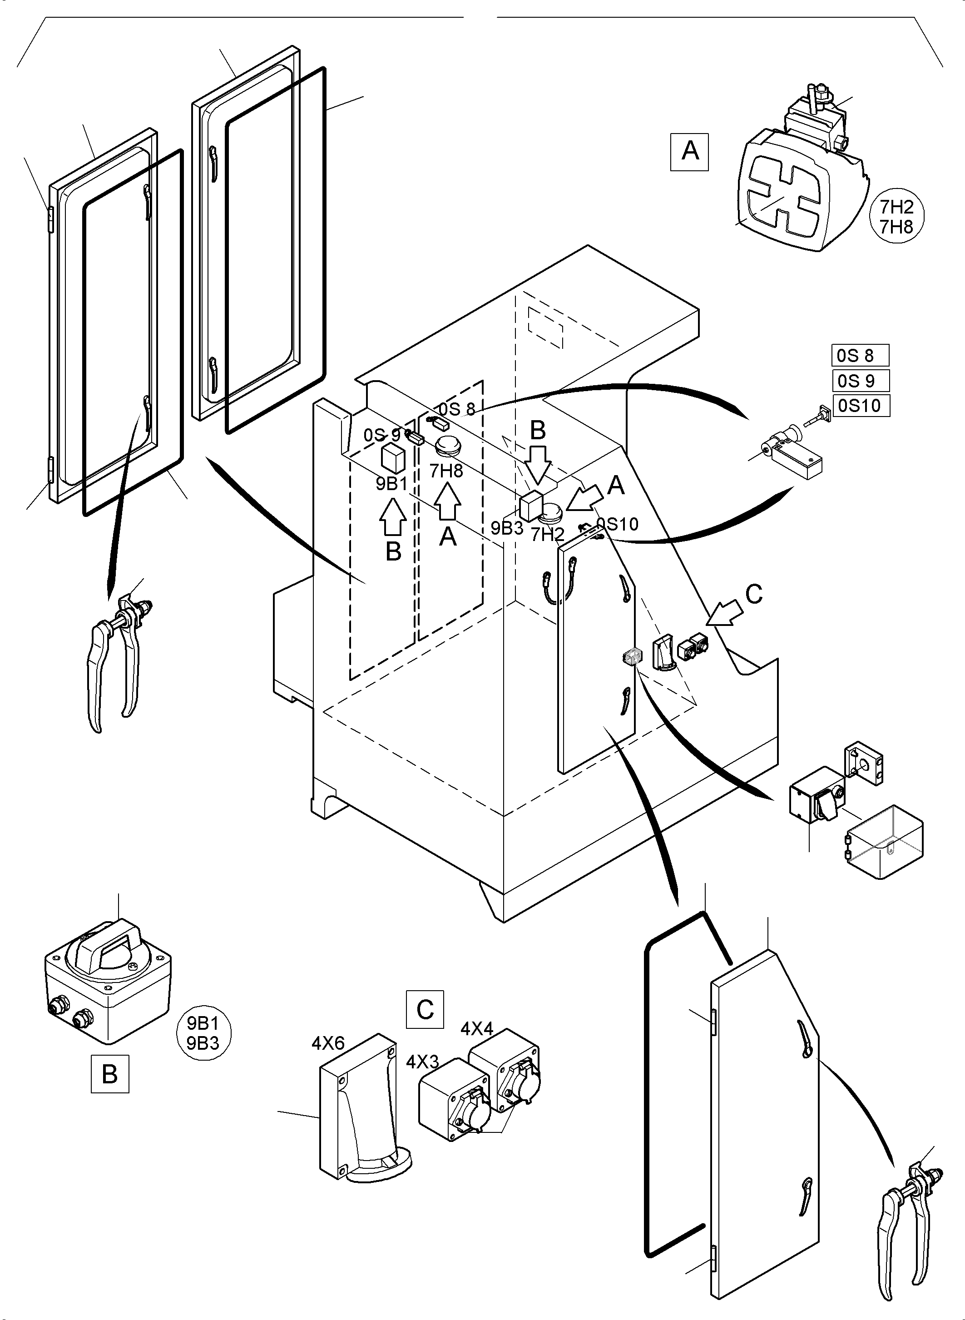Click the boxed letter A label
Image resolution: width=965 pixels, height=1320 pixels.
pyautogui.click(x=689, y=151)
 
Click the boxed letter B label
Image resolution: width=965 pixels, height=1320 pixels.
pyautogui.click(x=110, y=1073)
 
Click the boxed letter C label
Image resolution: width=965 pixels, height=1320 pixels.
pyautogui.click(x=425, y=1009)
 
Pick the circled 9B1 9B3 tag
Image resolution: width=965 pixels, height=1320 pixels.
pyautogui.click(x=203, y=1033)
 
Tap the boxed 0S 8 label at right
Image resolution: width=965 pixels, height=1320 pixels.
pyautogui.click(x=860, y=355)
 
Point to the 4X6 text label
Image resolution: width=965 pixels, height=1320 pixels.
pyautogui.click(x=328, y=1043)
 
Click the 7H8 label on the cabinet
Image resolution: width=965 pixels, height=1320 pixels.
pyautogui.click(x=446, y=471)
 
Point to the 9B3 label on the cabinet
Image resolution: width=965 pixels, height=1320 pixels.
pyautogui.click(x=506, y=528)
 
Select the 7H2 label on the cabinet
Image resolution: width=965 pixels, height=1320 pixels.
pyautogui.click(x=547, y=535)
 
